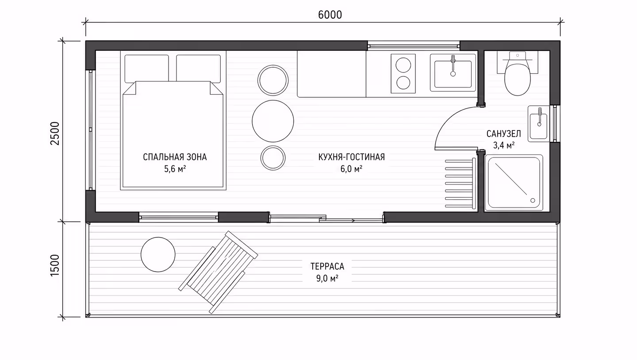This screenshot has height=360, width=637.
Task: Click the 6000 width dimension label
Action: [x=330, y=15]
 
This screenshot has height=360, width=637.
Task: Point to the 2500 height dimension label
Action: [x=55, y=134]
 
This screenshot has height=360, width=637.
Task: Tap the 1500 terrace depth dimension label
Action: [x=55, y=265]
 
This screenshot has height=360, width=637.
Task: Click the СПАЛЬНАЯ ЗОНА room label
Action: [x=175, y=157]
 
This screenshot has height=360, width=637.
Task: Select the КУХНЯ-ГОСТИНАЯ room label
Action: [x=352, y=157]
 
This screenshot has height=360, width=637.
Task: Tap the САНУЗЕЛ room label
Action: [x=503, y=134]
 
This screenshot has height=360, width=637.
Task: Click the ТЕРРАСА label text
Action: [x=327, y=266]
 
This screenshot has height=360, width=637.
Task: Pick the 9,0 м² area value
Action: [x=327, y=278]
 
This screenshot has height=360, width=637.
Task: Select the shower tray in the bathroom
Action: [x=514, y=183]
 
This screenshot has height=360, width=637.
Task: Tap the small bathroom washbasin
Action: [x=539, y=124]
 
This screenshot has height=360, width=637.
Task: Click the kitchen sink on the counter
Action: [x=453, y=73]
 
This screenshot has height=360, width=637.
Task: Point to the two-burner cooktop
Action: [x=403, y=74]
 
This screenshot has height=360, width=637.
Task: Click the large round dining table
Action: [x=272, y=121]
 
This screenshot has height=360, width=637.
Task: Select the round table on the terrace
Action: [x=158, y=254]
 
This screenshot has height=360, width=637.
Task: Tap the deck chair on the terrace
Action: [x=218, y=272]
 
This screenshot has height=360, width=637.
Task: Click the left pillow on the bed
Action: [x=147, y=69]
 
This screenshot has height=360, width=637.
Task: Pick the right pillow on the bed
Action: [x=198, y=69]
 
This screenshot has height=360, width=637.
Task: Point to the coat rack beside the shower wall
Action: [x=460, y=183]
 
